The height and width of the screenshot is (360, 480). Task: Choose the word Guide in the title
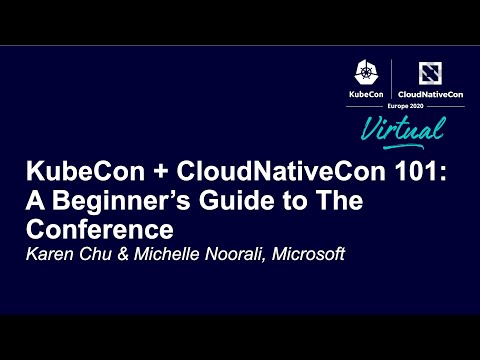pos(232,198)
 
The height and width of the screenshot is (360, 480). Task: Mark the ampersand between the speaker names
pos(112,254)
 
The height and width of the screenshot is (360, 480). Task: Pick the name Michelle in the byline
pos(152,254)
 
